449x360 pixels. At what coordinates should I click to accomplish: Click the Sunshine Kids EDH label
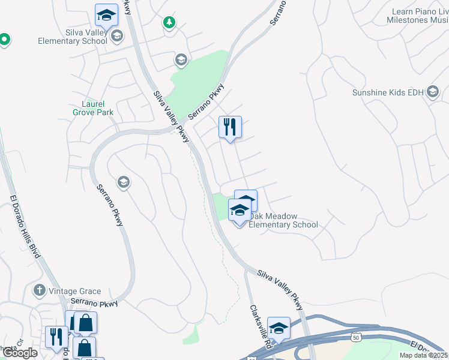[388, 92]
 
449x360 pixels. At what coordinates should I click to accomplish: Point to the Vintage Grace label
[71, 291]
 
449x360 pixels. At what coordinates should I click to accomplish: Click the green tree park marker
[169, 23]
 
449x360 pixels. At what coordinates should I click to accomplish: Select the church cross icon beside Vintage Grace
[40, 291]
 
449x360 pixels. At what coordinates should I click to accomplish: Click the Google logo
[20, 353]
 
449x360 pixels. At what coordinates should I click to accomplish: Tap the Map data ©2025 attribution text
[423, 355]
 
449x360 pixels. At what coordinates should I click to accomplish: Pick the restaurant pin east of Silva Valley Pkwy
[230, 127]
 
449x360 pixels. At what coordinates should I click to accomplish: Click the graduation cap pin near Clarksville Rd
[279, 328]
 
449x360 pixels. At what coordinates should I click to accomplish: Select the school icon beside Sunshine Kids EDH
[433, 92]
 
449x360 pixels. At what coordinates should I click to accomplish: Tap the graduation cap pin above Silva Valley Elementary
[107, 15]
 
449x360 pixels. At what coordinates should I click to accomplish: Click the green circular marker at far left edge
[4, 40]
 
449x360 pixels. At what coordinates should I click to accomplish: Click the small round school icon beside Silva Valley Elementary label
[116, 36]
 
